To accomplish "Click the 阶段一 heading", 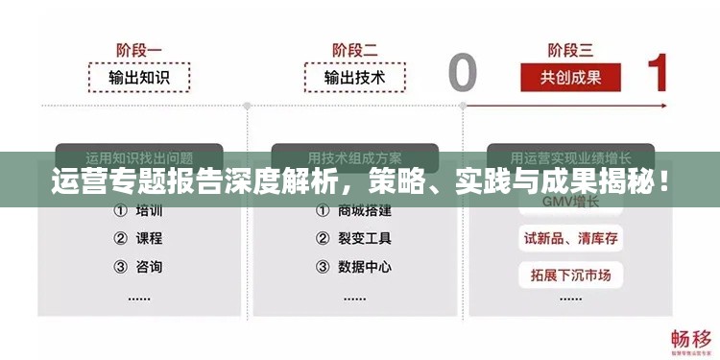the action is (139, 48).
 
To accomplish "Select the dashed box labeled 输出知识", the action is (139, 77).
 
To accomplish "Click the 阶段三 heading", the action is (570, 48).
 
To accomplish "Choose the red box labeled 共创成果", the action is (570, 77).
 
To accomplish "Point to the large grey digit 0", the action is (462, 72).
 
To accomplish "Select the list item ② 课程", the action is (139, 238).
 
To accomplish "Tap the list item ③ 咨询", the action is (139, 266).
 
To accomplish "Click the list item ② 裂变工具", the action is (354, 238).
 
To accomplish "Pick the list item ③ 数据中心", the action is (354, 266).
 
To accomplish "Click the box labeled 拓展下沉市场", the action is (570, 276).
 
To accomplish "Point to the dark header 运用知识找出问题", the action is (139, 156).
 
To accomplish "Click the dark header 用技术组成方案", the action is (354, 156).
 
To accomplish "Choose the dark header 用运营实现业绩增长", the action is (570, 156).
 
